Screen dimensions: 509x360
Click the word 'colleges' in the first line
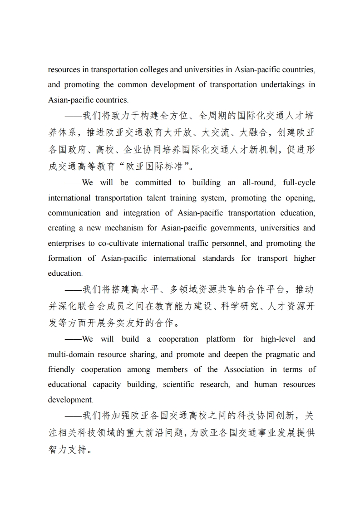(x=154, y=70)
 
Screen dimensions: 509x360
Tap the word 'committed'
(x=153, y=183)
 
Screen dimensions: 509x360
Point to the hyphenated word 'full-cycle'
(x=299, y=183)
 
